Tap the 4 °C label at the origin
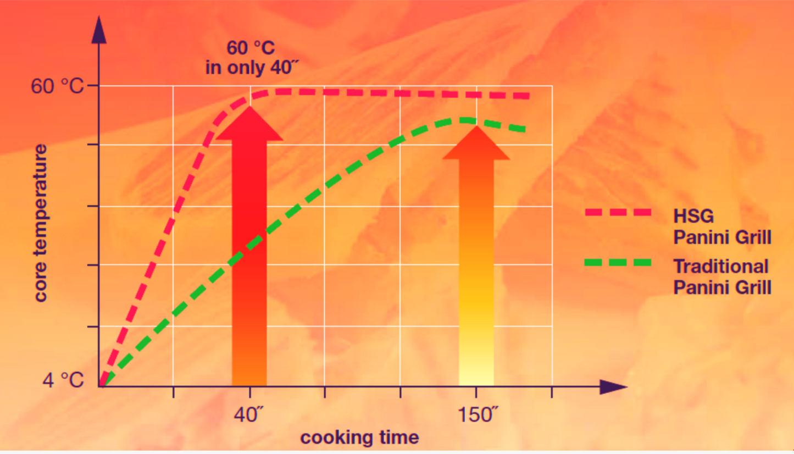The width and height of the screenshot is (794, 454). [x=63, y=380]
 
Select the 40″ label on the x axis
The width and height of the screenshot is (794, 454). [x=249, y=415]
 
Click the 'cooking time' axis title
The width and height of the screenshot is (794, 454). [x=359, y=438]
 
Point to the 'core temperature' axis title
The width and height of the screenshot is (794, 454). [x=41, y=223]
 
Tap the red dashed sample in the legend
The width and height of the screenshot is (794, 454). [x=618, y=212]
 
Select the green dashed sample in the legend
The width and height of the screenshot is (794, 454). [x=618, y=262]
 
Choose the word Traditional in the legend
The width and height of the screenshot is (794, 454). [x=720, y=267]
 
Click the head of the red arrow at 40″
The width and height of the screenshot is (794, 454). [x=249, y=124]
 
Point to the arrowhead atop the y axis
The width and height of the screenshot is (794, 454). [x=99, y=30]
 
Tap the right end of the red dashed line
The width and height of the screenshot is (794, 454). [x=527, y=96]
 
